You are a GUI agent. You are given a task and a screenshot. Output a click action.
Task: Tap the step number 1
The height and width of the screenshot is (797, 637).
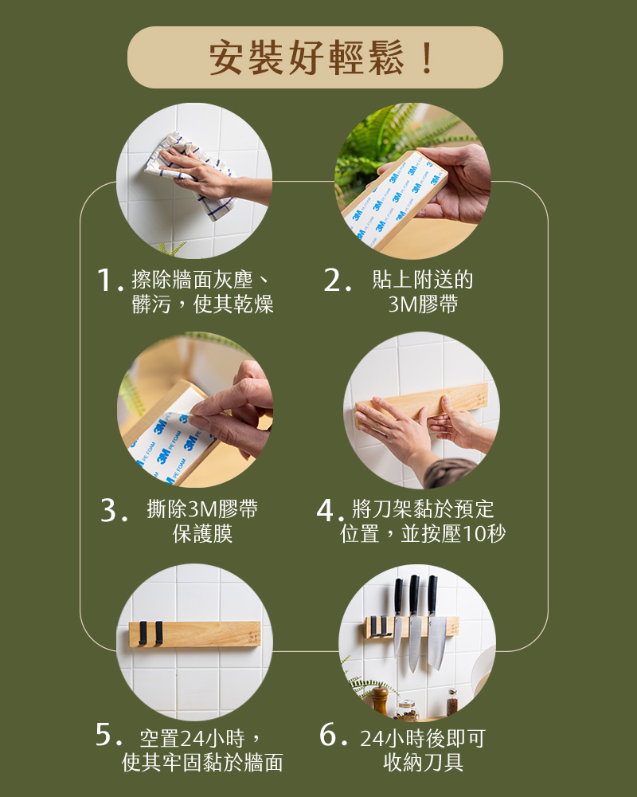[105, 281]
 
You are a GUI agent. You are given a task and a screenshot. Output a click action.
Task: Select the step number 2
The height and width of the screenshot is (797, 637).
[334, 281]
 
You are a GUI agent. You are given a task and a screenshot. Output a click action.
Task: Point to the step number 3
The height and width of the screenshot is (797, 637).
[111, 511]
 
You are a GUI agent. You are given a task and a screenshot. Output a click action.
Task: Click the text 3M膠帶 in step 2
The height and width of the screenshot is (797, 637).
[423, 304]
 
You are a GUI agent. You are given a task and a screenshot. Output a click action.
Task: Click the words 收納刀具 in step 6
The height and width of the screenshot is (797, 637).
[423, 762]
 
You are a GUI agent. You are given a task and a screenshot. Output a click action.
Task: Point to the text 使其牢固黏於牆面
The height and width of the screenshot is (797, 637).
[202, 762]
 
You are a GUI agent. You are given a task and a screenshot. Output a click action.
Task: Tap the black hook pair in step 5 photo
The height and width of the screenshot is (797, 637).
[151, 633]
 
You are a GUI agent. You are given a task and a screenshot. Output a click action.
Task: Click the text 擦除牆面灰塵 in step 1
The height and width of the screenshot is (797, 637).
[194, 281]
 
